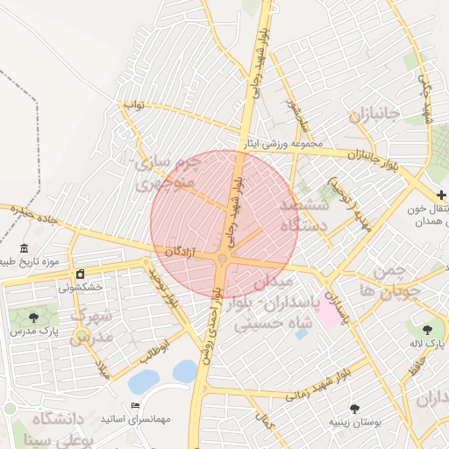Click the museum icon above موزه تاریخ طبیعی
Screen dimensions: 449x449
pyautogui.click(x=23, y=248)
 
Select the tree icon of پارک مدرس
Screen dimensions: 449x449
pyautogui.click(x=34, y=317)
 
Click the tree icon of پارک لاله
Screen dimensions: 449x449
pyautogui.click(x=427, y=330)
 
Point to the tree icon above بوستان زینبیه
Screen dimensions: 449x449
pyautogui.click(x=354, y=408)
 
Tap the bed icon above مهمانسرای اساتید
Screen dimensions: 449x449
pyautogui.click(x=134, y=405)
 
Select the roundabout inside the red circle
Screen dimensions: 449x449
pyautogui.click(x=223, y=259)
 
